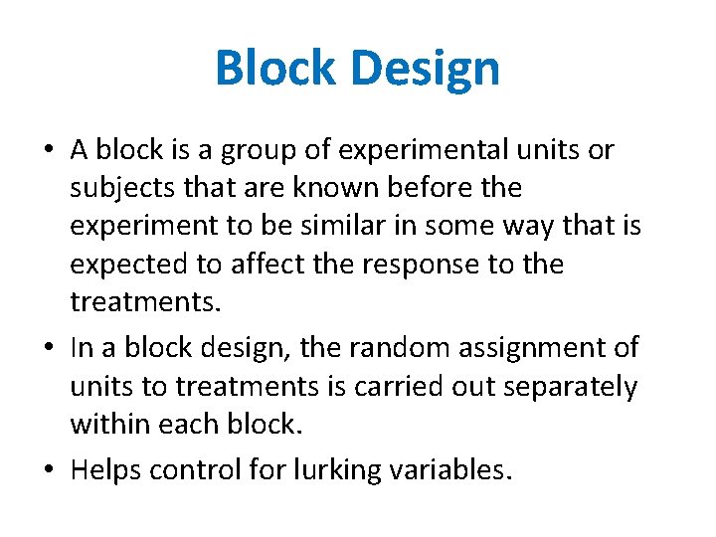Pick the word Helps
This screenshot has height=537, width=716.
pyautogui.click(x=106, y=469)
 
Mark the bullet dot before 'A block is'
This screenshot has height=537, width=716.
pyautogui.click(x=48, y=152)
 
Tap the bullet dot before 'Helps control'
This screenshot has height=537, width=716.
pyautogui.click(x=48, y=470)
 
